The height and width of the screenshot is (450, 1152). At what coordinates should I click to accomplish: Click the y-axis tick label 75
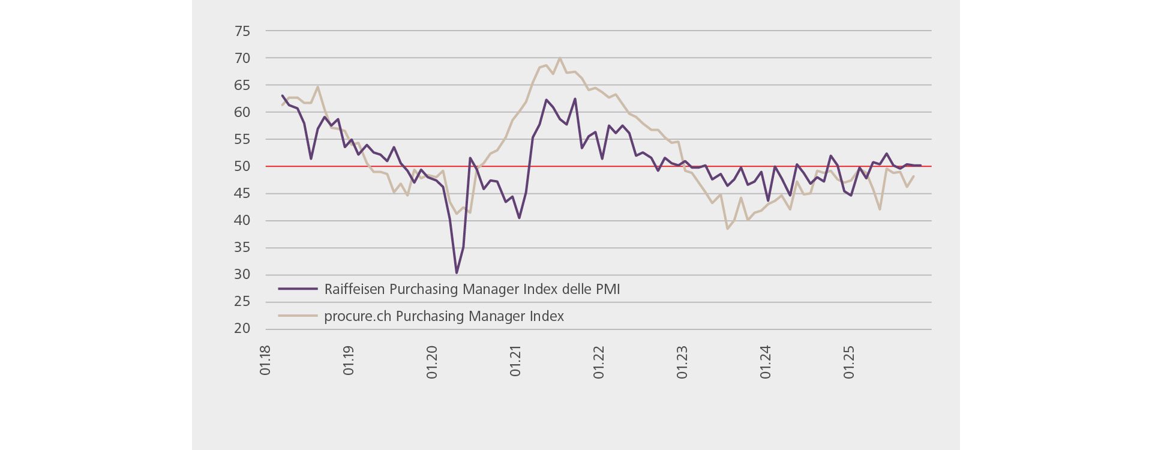(x=242, y=31)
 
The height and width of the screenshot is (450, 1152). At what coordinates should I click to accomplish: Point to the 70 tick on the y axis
(x=242, y=58)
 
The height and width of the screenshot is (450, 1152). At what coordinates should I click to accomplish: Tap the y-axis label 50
(x=242, y=166)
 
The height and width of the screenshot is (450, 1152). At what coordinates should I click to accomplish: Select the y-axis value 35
(x=242, y=247)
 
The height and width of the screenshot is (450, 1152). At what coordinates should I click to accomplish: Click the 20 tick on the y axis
(x=242, y=328)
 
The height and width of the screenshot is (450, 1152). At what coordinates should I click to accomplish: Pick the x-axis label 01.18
(x=265, y=360)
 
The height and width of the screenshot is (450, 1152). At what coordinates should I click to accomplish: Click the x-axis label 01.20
(x=432, y=362)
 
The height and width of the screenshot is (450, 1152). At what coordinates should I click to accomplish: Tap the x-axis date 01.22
(x=599, y=362)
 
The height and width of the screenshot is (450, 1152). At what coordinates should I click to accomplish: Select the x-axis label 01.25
(x=849, y=362)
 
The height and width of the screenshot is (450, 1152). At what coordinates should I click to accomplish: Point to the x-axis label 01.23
(x=682, y=362)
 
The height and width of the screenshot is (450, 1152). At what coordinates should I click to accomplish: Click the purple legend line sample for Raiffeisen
(x=298, y=289)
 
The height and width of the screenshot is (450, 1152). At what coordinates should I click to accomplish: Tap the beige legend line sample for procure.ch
(x=298, y=316)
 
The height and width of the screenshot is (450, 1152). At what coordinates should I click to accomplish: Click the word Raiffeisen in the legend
(x=355, y=289)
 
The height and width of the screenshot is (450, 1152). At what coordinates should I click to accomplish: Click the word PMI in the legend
(x=607, y=289)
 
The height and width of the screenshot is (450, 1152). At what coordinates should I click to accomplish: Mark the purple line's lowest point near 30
(x=457, y=273)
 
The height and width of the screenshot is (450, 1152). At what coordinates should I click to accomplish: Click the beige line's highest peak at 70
(x=560, y=58)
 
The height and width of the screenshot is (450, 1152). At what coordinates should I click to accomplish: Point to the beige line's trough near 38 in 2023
(x=727, y=229)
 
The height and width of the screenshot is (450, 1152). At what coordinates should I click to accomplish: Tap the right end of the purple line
(x=920, y=165)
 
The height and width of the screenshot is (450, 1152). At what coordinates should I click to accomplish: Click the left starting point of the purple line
(x=282, y=95)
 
